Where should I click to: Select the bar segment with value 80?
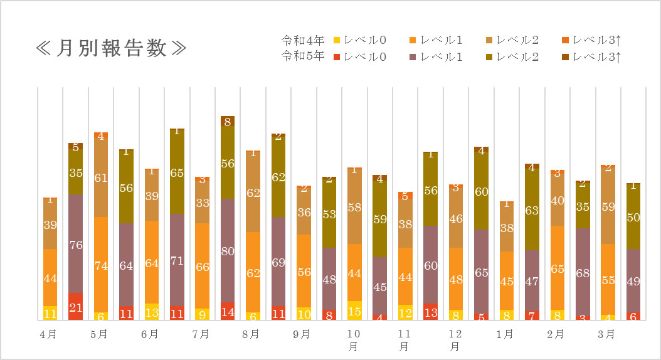[x=228, y=250]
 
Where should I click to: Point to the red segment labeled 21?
[x=75, y=307]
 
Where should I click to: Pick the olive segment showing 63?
[x=532, y=210]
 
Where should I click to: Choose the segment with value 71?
[x=177, y=260]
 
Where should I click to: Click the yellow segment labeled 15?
[x=354, y=310]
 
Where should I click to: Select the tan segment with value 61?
[x=101, y=177]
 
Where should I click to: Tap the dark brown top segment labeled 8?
[x=228, y=121]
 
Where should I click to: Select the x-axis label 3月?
[x=606, y=334]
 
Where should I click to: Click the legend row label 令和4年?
[x=303, y=40]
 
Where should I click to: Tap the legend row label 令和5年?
[x=303, y=56]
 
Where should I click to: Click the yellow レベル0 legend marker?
[x=336, y=40]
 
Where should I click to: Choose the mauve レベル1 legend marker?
[x=412, y=57]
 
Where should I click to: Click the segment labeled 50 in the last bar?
[x=633, y=217]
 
